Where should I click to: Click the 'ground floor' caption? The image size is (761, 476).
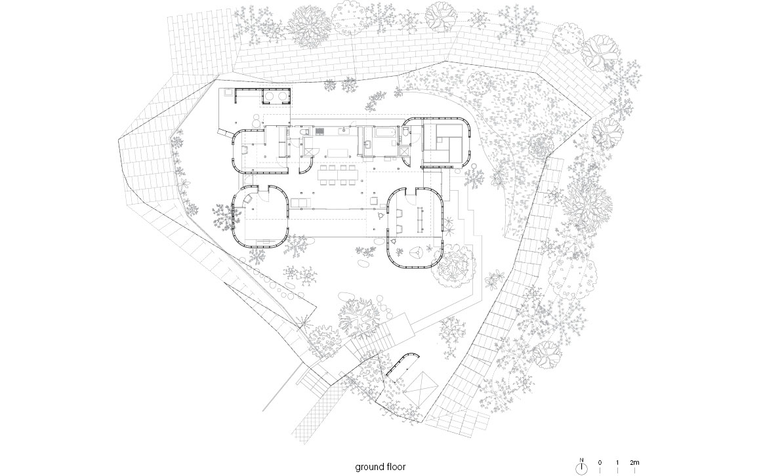(380, 467)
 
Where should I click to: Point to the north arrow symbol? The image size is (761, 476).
(581, 467)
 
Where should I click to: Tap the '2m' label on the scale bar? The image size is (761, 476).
(634, 462)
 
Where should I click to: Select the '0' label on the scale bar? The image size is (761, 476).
(600, 462)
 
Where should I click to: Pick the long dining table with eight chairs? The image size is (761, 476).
(339, 175)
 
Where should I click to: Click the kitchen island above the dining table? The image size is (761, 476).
(339, 152)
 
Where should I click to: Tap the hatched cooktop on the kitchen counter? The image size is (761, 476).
(319, 130)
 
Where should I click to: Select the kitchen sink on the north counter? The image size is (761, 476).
(344, 130)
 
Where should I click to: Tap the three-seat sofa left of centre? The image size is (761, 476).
(299, 202)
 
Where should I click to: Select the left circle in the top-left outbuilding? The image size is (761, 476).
(270, 98)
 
